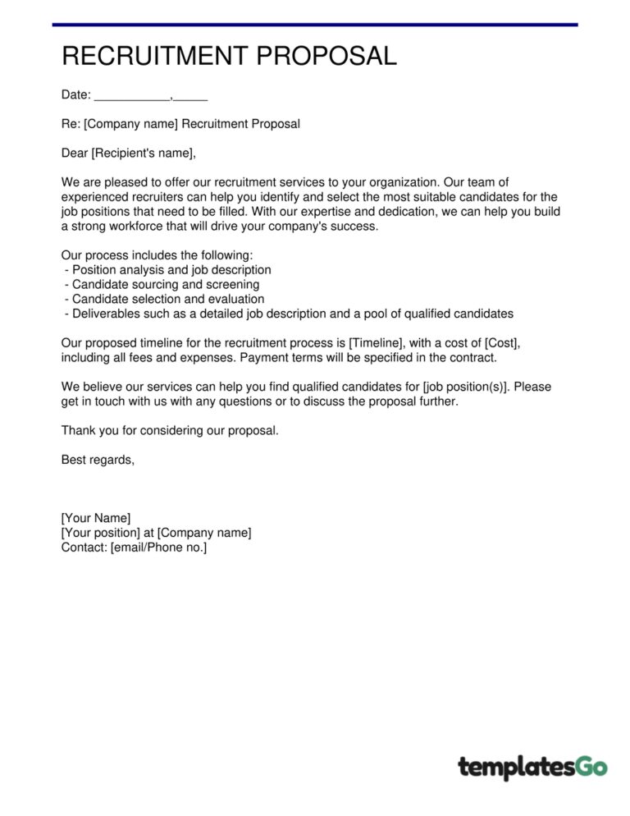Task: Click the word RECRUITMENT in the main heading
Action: pyautogui.click(x=155, y=56)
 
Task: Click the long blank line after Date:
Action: pyautogui.click(x=131, y=97)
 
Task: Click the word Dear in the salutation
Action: pyautogui.click(x=75, y=153)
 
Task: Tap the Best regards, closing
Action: pyautogui.click(x=98, y=460)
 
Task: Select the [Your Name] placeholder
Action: pyautogui.click(x=95, y=518)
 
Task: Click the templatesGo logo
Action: pyautogui.click(x=532, y=767)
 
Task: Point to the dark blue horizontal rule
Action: pyautogui.click(x=315, y=25)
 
